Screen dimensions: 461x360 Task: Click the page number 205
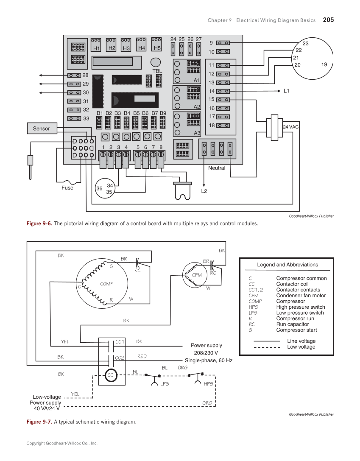[328, 20]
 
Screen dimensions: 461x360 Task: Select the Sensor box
[42, 129]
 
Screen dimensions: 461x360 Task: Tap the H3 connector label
[126, 48]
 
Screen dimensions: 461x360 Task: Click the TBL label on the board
[157, 71]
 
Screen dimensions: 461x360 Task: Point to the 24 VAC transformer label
[290, 127]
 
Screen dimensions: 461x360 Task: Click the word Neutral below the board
[217, 168]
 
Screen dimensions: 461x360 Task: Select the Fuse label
[67, 188]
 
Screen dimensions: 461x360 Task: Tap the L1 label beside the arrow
[286, 91]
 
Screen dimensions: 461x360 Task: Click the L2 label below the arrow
[204, 191]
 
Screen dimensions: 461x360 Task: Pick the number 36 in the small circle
[99, 189]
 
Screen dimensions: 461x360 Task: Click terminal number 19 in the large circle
[324, 64]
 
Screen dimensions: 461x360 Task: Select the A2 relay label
[196, 106]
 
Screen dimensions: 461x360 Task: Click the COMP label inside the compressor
[106, 284]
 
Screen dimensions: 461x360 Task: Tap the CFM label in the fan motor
[197, 275]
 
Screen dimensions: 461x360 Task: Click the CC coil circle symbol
[111, 375]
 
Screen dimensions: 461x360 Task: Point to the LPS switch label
[165, 384]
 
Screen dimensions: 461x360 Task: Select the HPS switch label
[208, 384]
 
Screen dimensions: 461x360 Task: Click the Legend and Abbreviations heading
[287, 265]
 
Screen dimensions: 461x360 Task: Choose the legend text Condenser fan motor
[301, 296]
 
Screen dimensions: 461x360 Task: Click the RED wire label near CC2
[142, 357]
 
